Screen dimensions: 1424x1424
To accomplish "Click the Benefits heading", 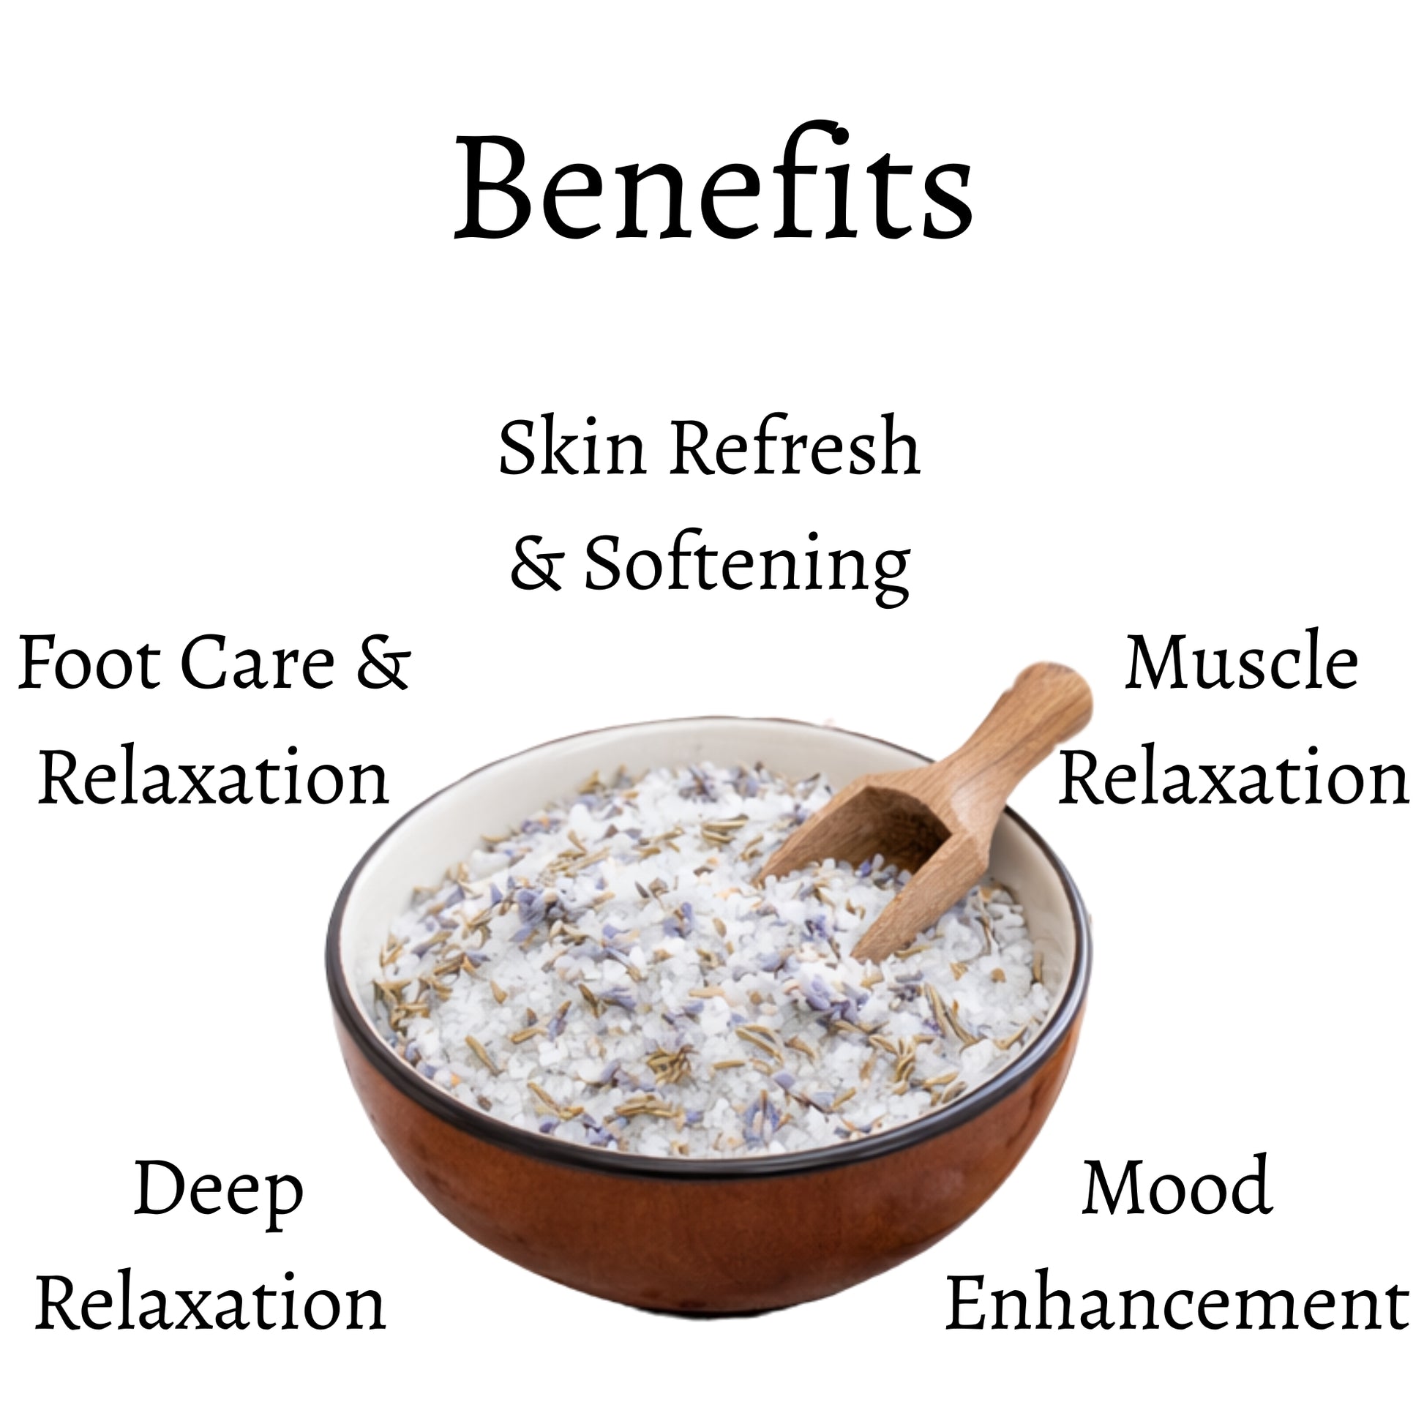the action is point(713,187).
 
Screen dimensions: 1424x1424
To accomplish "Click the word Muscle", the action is point(1240,662).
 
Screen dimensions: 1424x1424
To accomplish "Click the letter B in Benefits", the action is point(492,188).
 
